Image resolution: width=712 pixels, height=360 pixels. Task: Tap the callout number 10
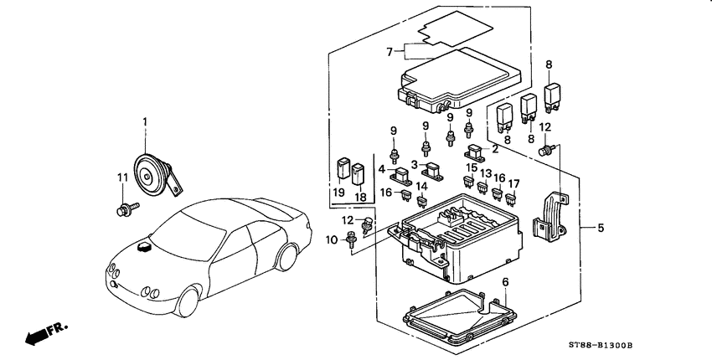[x=331, y=239]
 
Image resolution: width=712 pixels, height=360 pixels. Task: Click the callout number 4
[x=383, y=168]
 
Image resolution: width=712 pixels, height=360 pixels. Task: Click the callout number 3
[x=415, y=165]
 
